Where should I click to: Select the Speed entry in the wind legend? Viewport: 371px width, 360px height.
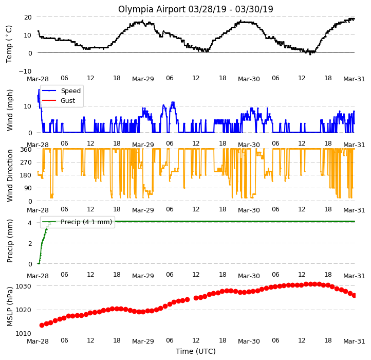pos(71,91)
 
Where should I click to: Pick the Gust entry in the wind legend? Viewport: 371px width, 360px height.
pos(68,100)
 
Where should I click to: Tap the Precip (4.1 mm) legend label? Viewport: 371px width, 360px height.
pos(86,222)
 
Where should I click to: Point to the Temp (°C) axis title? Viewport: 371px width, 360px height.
pos(9,44)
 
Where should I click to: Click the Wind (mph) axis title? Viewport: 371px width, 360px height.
pos(10,110)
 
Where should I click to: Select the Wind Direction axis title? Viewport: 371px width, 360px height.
pos(10,175)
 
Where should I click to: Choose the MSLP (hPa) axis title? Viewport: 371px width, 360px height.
pos(10,307)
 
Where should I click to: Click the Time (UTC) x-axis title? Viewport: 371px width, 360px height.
pos(196,351)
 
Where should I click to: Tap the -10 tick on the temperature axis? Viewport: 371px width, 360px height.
pos(25,71)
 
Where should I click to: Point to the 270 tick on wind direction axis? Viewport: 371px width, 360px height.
pos(26,162)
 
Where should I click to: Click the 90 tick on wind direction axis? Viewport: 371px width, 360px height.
pos(28,188)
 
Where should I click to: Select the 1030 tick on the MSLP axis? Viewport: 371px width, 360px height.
pos(24,286)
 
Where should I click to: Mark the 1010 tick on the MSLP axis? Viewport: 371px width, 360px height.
pos(24,333)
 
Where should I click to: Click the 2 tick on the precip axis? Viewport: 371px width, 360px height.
pos(30,243)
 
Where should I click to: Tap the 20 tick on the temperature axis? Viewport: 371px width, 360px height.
pos(28,17)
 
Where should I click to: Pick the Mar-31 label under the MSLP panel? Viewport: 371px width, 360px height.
pos(354,341)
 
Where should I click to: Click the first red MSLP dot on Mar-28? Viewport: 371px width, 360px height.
pos(42,325)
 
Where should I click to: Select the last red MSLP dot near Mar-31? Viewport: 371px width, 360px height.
pos(354,295)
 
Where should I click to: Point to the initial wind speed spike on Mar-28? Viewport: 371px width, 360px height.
pos(39,89)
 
